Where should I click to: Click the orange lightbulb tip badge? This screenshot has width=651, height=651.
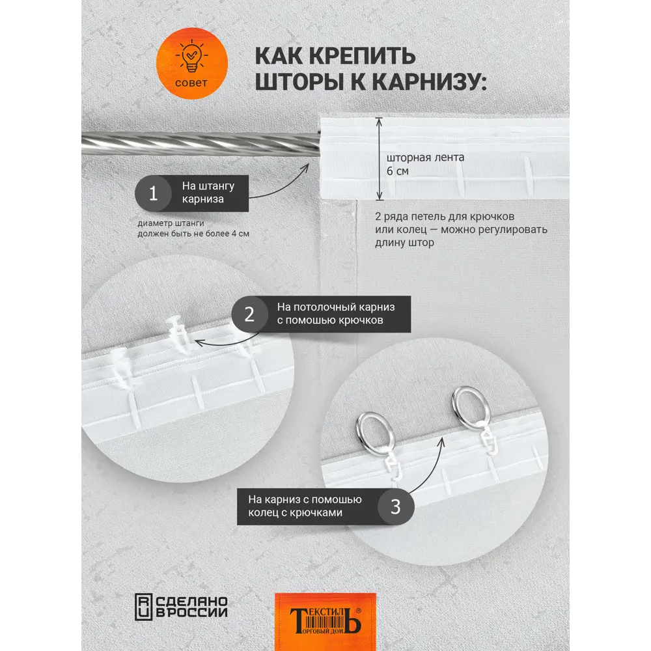tap(192, 63)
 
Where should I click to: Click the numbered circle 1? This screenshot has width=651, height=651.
tap(153, 193)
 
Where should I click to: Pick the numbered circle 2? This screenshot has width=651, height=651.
tap(249, 314)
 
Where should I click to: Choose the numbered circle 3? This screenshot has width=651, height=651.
tap(396, 506)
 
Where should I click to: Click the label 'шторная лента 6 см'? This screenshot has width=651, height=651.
tap(425, 164)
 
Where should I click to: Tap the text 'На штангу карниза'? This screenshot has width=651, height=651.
tap(208, 192)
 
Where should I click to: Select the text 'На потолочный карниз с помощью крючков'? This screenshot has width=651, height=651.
tap(335, 314)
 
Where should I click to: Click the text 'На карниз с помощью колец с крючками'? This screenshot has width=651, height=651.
tap(305, 506)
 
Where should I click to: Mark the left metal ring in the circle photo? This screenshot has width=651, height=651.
tap(376, 432)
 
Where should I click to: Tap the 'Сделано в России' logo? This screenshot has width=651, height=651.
tap(182, 607)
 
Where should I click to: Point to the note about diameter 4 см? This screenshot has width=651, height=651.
tap(193, 229)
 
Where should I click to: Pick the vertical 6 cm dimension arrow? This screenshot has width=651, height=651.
tap(379, 159)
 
